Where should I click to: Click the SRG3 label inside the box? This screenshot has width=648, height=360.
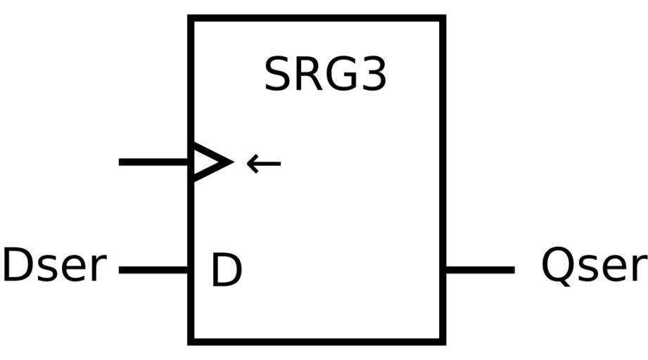[x=325, y=75]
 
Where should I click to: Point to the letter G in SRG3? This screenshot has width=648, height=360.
[x=341, y=75]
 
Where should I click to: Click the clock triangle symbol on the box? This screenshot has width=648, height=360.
[x=210, y=162]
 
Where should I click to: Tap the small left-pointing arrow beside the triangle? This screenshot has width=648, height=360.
[x=264, y=164]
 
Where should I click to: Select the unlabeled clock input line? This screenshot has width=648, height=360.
[x=155, y=162]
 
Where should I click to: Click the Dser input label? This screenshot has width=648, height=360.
[x=54, y=266]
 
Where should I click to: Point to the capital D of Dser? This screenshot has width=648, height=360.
[x=16, y=266]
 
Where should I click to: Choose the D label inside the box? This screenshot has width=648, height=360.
[x=226, y=271]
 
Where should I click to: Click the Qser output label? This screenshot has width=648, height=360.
[x=592, y=266]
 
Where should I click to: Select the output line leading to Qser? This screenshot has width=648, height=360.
[x=480, y=269]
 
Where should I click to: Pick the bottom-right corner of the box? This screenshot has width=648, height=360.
[x=443, y=342]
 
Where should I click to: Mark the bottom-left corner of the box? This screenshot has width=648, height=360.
[x=190, y=342]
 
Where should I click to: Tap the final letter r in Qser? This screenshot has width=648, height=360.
[x=637, y=269]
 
